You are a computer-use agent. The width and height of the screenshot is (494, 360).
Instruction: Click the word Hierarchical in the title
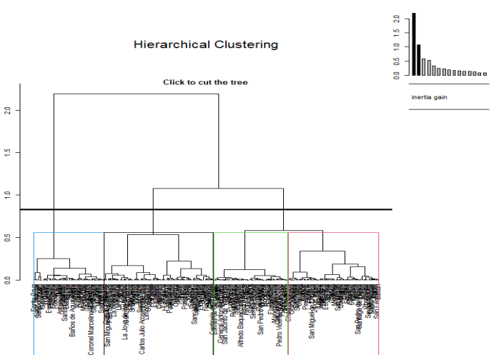pyautogui.click(x=170, y=45)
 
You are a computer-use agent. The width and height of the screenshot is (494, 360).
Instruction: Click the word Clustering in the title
pyautogui.click(x=243, y=45)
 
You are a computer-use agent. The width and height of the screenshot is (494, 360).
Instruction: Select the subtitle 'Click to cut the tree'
pyautogui.click(x=205, y=82)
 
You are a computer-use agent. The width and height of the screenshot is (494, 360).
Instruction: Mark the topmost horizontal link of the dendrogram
pyautogui.click(x=136, y=94)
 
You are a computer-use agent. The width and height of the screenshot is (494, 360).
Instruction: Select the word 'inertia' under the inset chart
pyautogui.click(x=421, y=97)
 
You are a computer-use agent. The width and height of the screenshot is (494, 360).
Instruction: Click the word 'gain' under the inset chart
pyautogui.click(x=440, y=97)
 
